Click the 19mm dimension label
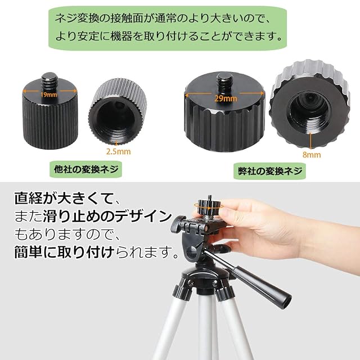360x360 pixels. [49, 94]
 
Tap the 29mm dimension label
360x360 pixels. [226, 98]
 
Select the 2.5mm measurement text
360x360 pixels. [118, 151]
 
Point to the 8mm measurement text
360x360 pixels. [311, 155]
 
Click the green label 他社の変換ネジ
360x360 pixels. [85, 169]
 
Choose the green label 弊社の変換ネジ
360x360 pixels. [270, 171]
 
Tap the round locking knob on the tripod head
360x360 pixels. [177, 224]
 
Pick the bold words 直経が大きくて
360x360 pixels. [64, 199]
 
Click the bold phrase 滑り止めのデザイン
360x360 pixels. [107, 216]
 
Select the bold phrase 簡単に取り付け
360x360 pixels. [65, 251]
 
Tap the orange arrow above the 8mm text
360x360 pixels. [310, 141]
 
